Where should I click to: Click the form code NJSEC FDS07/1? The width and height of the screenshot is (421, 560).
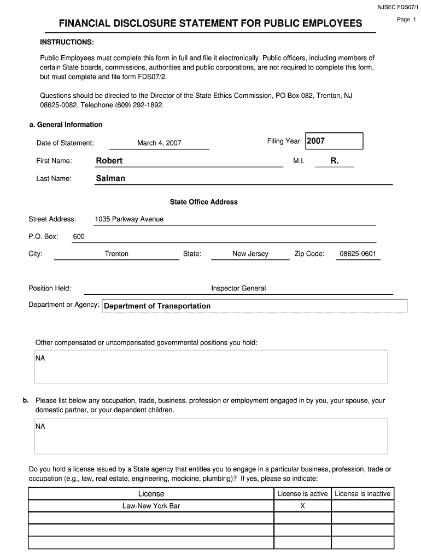click(397, 7)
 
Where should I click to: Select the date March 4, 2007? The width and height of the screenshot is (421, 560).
click(159, 143)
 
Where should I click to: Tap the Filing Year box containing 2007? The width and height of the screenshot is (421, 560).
click(334, 141)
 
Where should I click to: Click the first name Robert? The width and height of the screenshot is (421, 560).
click(109, 161)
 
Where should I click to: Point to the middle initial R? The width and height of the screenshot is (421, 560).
click(334, 161)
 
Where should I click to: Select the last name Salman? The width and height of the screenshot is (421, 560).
click(110, 178)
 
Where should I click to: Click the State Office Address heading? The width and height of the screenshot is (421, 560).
click(203, 202)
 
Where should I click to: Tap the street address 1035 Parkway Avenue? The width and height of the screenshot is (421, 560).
click(129, 219)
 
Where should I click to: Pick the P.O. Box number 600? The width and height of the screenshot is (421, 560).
click(79, 236)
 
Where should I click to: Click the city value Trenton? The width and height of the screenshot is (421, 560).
click(116, 254)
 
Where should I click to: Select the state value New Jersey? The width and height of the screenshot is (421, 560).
click(250, 254)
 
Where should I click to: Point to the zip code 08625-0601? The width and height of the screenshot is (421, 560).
click(358, 254)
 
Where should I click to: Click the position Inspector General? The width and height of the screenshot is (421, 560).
click(238, 288)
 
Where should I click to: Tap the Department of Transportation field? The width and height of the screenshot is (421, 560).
click(254, 306)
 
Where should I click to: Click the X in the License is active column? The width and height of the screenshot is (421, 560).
click(302, 506)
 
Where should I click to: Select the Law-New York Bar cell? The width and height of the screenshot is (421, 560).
click(151, 506)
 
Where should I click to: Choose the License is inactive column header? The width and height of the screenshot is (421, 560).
click(362, 494)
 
